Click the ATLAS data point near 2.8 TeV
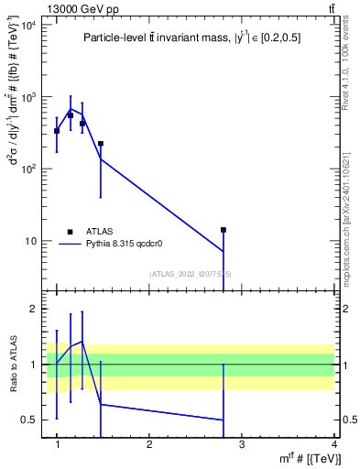point(223,230)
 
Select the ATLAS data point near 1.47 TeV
point(101,144)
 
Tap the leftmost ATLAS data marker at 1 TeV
point(57,131)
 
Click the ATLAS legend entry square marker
point(70,232)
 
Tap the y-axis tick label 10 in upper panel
point(29,242)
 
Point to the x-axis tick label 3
point(242,444)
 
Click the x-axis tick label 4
point(333,444)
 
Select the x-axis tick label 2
point(149,444)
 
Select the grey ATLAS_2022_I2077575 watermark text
point(191,273)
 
